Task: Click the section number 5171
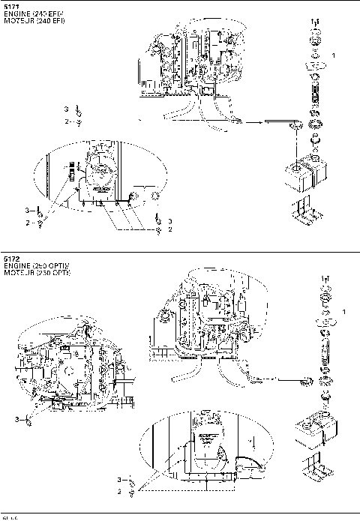(x=10, y=4)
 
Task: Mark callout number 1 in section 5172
(x=343, y=310)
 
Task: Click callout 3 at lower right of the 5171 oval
(x=170, y=221)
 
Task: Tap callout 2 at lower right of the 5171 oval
(x=170, y=229)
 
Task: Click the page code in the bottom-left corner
(x=9, y=517)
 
